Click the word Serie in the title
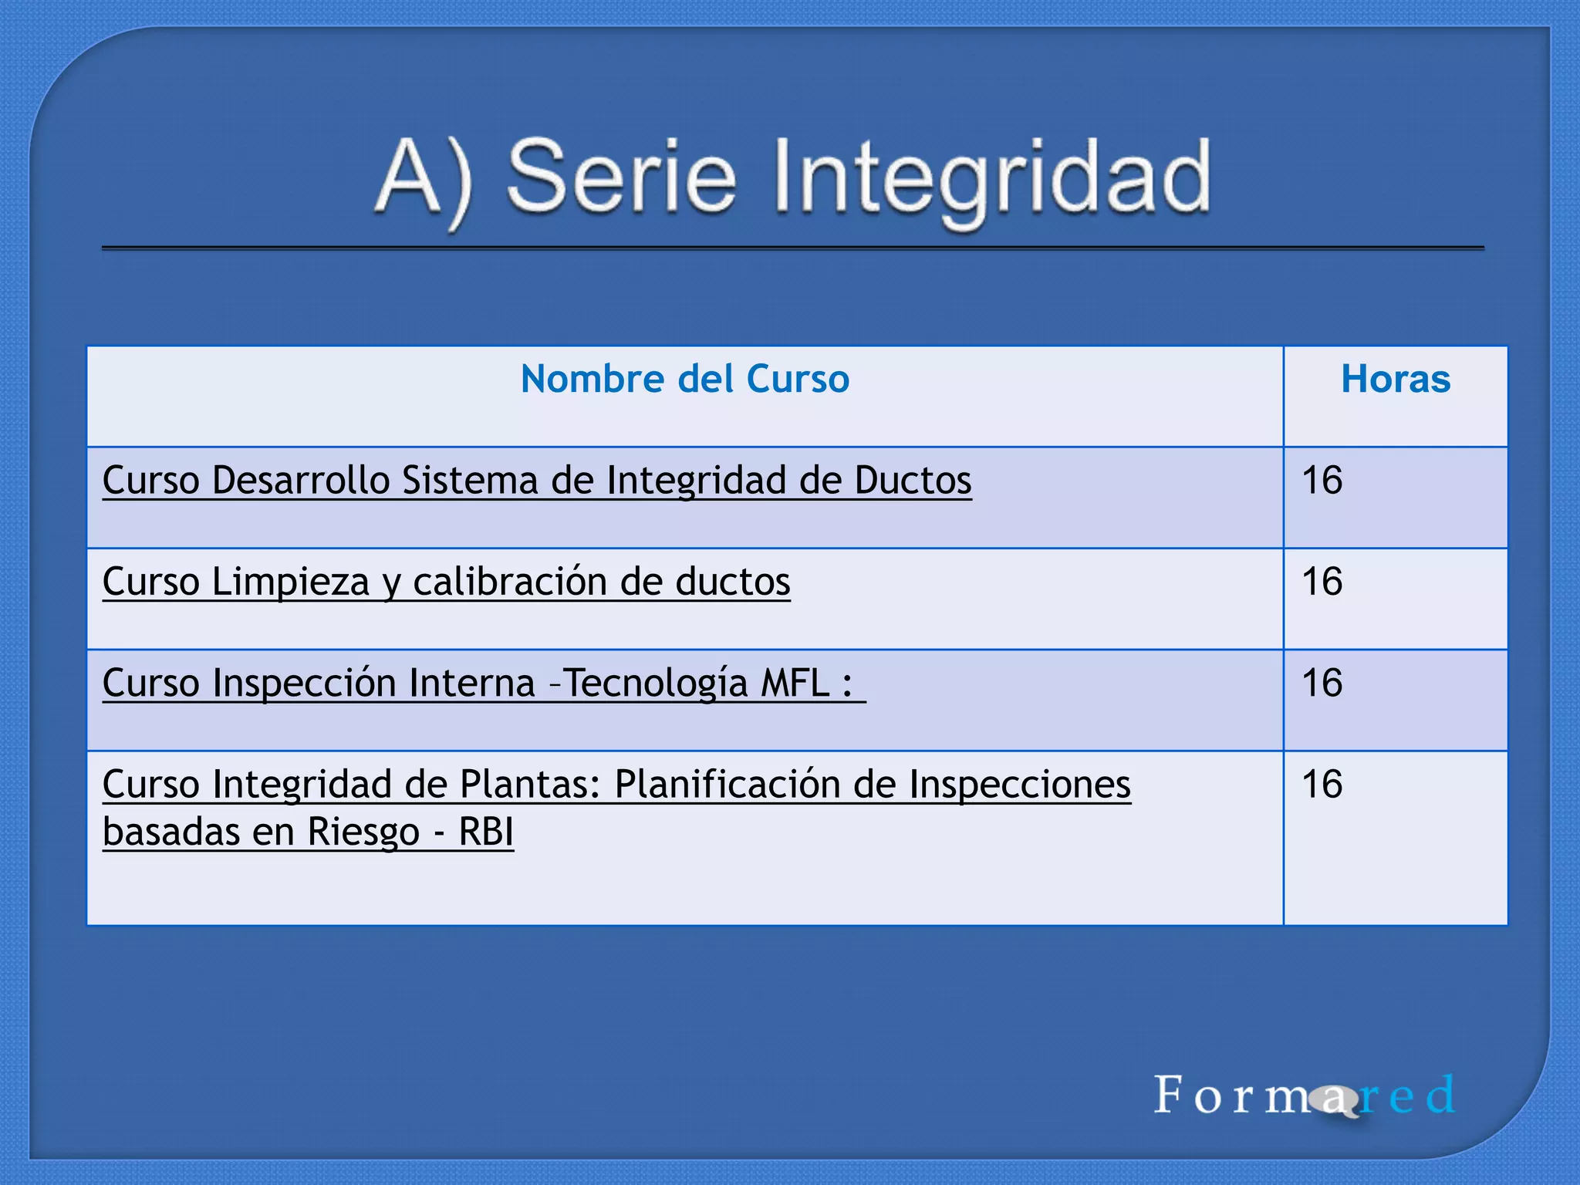(622, 177)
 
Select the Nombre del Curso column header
(685, 380)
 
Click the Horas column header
(1396, 380)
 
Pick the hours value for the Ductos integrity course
(1322, 481)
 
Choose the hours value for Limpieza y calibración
(1322, 582)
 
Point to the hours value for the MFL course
(1322, 684)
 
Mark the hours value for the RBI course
(1322, 785)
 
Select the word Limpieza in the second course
(290, 582)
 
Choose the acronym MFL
(795, 684)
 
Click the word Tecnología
(656, 684)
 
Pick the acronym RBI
(486, 832)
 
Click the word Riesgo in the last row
(363, 832)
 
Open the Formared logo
(1304, 1096)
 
